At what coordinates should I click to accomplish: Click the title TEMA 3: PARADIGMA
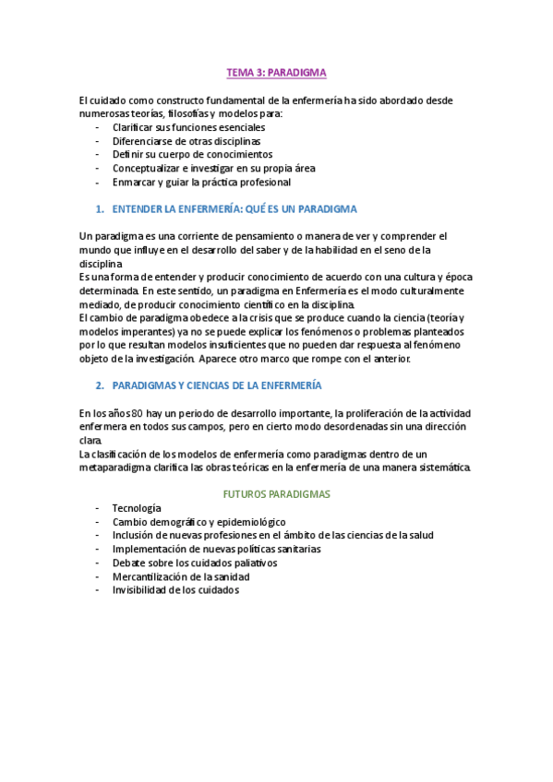(276, 71)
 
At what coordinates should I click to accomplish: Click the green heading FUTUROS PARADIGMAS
(277, 494)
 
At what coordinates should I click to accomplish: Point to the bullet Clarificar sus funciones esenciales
(188, 127)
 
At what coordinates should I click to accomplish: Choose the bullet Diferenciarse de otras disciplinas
(186, 141)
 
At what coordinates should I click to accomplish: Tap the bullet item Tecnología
(137, 508)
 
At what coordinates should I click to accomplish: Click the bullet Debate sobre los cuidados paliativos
(195, 563)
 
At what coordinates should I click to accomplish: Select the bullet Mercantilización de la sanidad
(182, 576)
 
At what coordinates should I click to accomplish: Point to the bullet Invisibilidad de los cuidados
(175, 590)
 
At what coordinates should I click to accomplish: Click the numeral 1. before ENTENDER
(100, 209)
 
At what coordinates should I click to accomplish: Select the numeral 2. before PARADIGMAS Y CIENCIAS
(100, 384)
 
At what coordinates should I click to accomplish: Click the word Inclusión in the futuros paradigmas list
(134, 536)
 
